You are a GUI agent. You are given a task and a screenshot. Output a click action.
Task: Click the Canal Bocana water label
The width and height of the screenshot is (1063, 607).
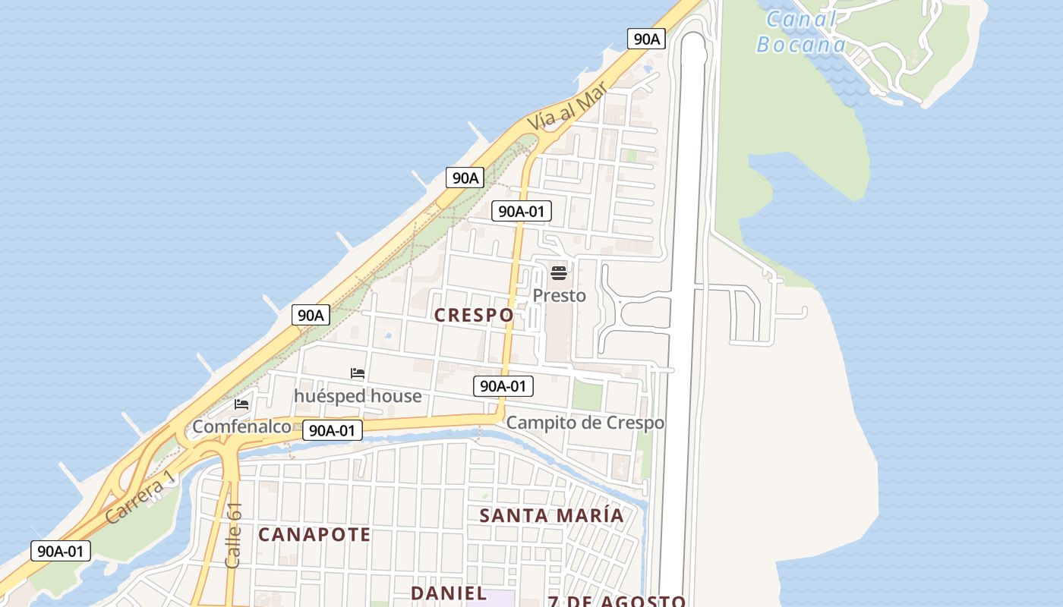[x=801, y=32]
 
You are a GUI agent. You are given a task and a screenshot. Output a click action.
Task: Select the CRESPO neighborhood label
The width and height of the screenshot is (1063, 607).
[x=474, y=315]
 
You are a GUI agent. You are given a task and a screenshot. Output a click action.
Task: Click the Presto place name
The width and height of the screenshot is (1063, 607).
[x=560, y=295]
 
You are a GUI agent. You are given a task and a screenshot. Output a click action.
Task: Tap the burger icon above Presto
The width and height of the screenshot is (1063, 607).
[x=559, y=273]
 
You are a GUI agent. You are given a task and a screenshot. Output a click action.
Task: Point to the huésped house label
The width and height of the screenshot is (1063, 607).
[x=358, y=396]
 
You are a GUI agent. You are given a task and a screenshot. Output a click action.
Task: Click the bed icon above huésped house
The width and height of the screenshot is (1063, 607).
[x=358, y=373]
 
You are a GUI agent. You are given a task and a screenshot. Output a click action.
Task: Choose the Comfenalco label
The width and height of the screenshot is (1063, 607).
[x=241, y=426]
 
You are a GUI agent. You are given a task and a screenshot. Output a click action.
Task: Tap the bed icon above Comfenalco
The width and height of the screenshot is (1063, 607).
[x=241, y=404]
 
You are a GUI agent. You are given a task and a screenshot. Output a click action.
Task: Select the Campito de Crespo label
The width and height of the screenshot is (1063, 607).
[x=585, y=423]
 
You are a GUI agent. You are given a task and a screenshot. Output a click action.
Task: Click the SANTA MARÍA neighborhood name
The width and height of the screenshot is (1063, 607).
[x=551, y=515]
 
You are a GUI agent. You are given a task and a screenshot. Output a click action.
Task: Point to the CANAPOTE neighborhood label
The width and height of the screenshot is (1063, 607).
[x=314, y=534]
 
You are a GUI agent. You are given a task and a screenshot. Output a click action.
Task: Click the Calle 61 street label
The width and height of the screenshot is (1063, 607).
[x=234, y=535]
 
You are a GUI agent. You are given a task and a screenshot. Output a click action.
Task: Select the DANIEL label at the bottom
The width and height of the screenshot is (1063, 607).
[x=449, y=593]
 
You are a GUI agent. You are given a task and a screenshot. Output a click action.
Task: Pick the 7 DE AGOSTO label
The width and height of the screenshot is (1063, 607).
[x=617, y=602]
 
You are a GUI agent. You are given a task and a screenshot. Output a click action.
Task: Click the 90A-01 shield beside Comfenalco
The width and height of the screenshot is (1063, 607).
[x=333, y=430]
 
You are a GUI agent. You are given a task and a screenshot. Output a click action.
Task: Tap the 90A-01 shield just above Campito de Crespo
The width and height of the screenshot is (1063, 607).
[x=503, y=386]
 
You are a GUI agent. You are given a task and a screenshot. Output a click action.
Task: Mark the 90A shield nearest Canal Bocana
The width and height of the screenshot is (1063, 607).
[x=646, y=39]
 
